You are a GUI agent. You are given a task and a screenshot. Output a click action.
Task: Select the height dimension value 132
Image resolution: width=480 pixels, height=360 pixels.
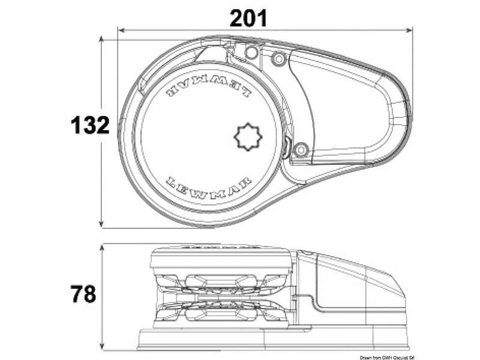(90, 125)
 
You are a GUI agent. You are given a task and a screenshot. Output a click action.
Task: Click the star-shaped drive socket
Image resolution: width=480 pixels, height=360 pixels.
(248, 137)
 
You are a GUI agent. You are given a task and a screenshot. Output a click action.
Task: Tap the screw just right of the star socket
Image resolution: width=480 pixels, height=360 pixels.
(301, 148)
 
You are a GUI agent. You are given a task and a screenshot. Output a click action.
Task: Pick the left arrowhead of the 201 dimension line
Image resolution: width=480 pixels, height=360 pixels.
(121, 29)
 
